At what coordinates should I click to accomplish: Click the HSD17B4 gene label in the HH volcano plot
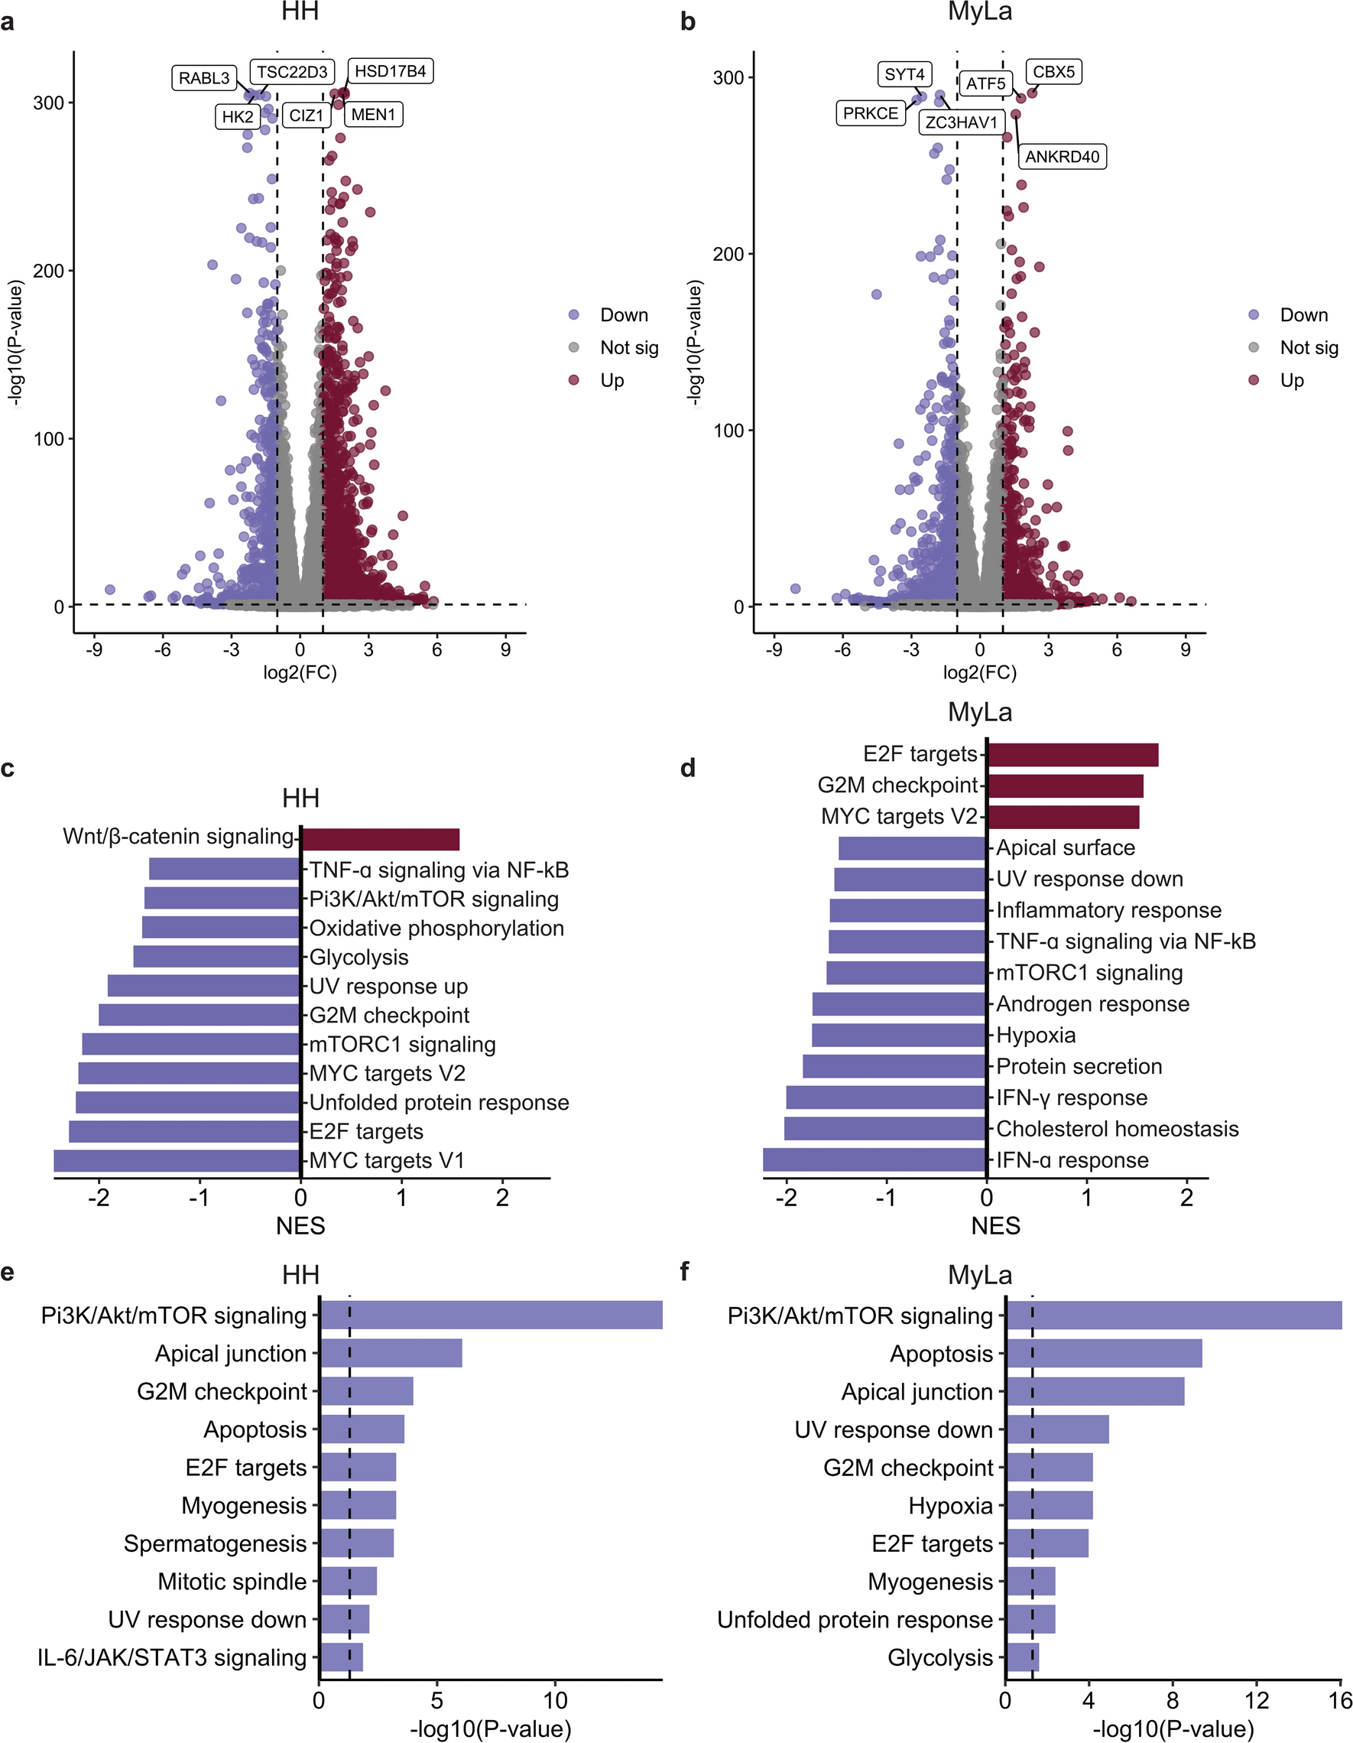390,72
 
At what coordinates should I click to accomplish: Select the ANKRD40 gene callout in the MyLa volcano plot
1062,157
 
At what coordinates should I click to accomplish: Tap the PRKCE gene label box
871,113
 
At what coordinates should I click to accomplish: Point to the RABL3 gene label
204,78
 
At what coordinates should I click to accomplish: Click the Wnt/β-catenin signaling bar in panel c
380,840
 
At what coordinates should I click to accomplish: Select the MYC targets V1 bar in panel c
177,1160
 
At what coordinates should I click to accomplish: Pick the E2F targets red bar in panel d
1072,755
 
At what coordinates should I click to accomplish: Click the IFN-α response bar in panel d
874,1159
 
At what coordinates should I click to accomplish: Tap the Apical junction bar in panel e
391,1354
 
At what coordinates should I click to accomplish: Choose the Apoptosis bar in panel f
1104,1354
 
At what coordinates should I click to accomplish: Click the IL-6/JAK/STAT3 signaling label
172,1657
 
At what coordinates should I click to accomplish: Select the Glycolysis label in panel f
939,1657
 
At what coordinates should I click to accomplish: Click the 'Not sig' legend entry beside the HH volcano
628,347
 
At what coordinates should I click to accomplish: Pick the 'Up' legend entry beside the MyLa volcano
1292,380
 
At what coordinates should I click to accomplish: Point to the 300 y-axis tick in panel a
49,103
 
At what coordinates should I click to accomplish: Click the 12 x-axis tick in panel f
1257,1701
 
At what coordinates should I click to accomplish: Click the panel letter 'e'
7,1271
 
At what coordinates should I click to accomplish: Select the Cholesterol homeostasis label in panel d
1117,1129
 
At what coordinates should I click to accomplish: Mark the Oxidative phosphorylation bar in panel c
221,928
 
